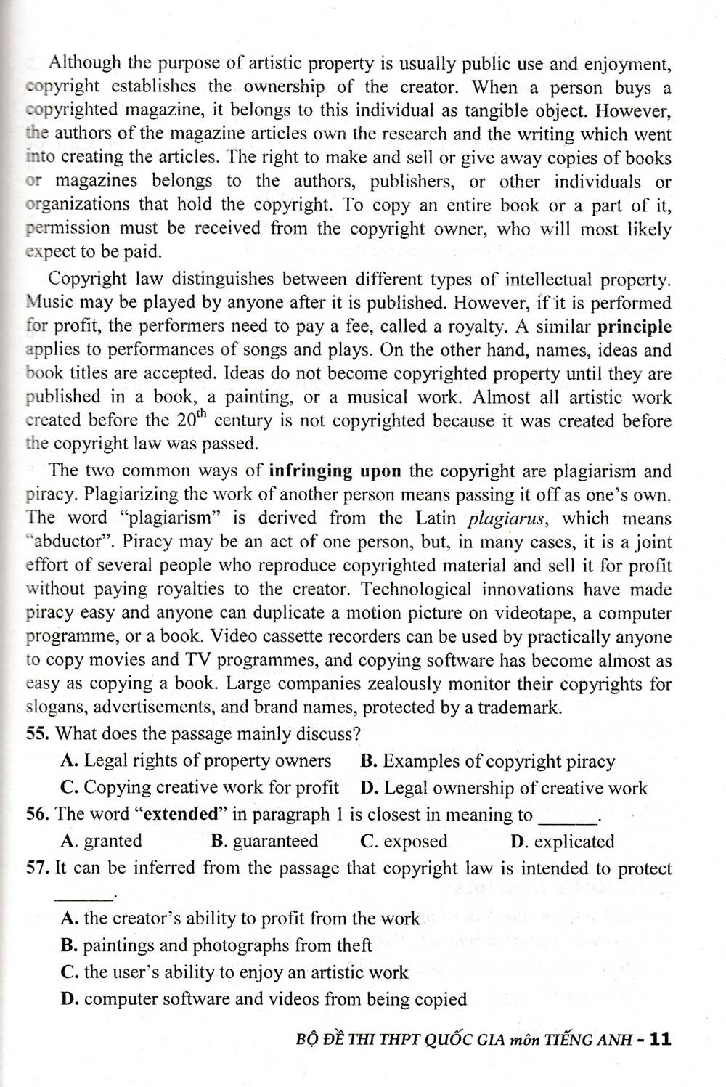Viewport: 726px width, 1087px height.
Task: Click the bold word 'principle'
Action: [634, 327]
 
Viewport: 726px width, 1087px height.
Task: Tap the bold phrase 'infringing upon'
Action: [335, 471]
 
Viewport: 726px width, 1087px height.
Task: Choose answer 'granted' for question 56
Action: [113, 842]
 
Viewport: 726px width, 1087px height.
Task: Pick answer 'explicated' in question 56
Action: [572, 842]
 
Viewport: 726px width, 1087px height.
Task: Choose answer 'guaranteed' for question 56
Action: [275, 842]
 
